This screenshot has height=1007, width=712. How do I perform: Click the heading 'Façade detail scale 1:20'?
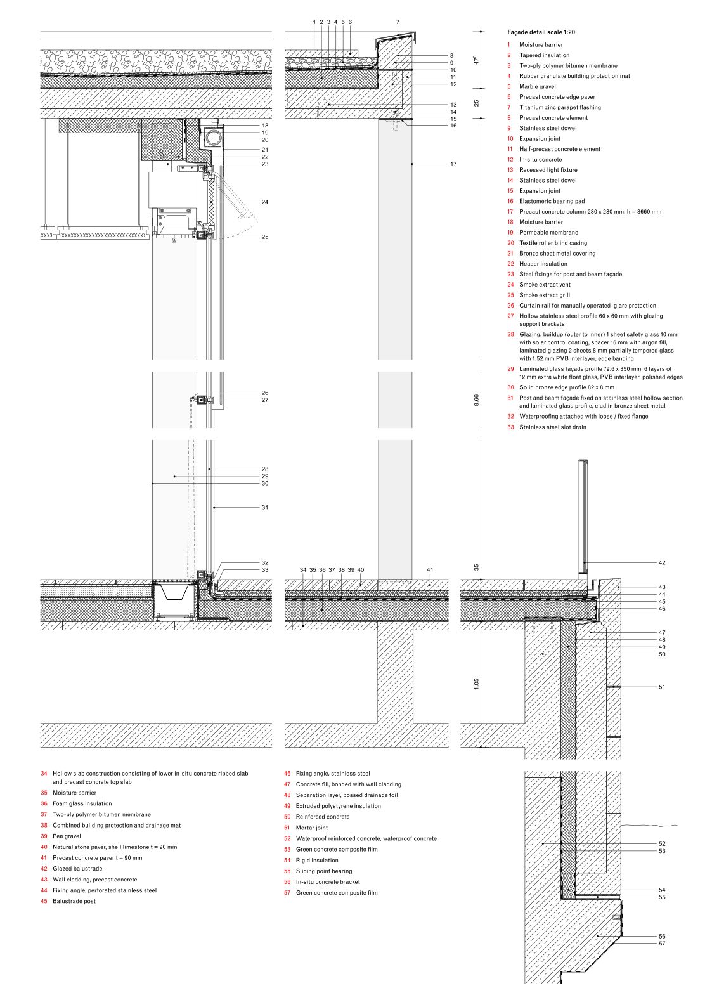[x=541, y=32]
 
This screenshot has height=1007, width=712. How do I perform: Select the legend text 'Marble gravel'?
[x=537, y=86]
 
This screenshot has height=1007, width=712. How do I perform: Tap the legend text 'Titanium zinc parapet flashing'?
[x=560, y=107]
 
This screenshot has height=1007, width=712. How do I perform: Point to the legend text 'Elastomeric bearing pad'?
[x=552, y=201]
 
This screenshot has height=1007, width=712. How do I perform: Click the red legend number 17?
[x=510, y=212]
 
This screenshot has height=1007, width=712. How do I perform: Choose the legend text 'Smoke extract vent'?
[x=545, y=285]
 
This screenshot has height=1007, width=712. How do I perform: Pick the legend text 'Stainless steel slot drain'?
[x=552, y=427]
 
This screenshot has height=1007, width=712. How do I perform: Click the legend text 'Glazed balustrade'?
[x=77, y=869]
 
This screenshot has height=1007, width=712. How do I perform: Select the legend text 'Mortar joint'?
[x=311, y=828]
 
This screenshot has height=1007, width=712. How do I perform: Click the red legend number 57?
[x=287, y=893]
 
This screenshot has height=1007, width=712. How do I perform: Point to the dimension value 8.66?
[x=476, y=400]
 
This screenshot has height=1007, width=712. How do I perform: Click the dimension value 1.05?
[x=476, y=683]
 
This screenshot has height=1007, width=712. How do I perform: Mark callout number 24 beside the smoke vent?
[x=264, y=202]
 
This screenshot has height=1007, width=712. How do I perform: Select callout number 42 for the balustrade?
[x=661, y=563]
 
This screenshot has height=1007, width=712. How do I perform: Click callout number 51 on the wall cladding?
[x=661, y=687]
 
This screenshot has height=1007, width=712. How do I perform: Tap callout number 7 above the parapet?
[x=398, y=22]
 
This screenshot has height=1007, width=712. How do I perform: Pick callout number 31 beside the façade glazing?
[x=264, y=507]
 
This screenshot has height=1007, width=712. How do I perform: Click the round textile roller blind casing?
[x=213, y=136]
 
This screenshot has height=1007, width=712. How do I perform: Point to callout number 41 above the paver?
[x=429, y=570]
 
